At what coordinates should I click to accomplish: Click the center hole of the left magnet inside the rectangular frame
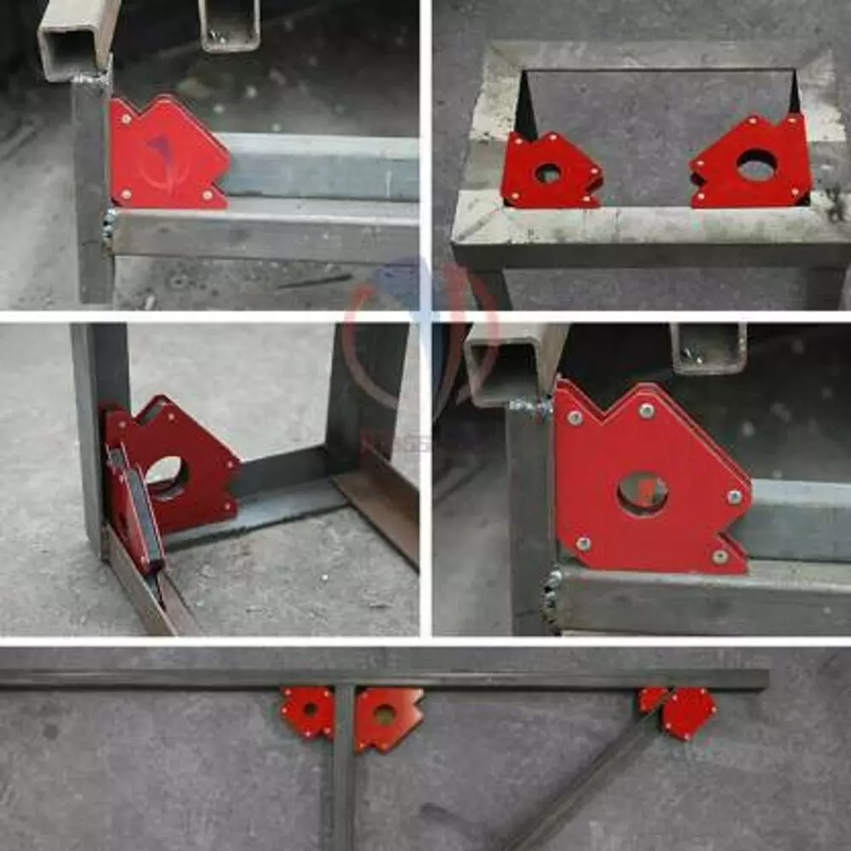(x=547, y=173)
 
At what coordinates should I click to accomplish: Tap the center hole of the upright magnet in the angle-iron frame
(x=166, y=477)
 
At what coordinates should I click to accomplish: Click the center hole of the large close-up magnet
(x=643, y=494)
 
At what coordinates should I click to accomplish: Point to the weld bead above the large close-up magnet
(x=532, y=408)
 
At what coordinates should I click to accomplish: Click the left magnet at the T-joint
(x=307, y=711)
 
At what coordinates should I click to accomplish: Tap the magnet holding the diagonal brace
(x=681, y=711)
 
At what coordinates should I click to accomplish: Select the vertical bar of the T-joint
(x=343, y=766)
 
